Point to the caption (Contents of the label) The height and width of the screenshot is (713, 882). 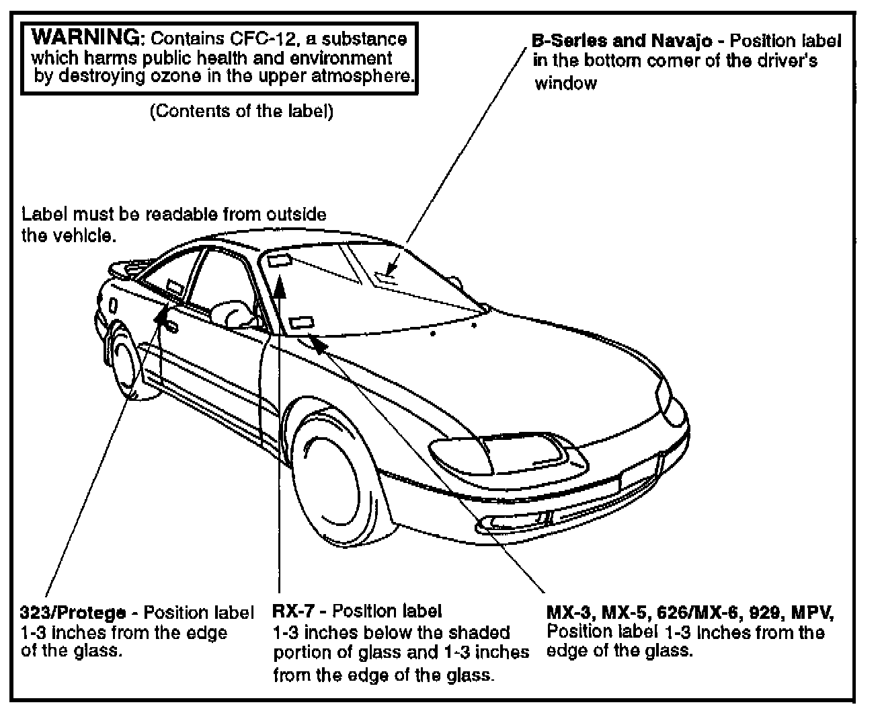pos(241,111)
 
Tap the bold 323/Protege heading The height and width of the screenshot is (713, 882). pos(73,613)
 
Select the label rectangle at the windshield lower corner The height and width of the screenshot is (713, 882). pos(303,322)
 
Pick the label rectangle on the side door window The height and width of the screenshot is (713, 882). pos(173,288)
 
